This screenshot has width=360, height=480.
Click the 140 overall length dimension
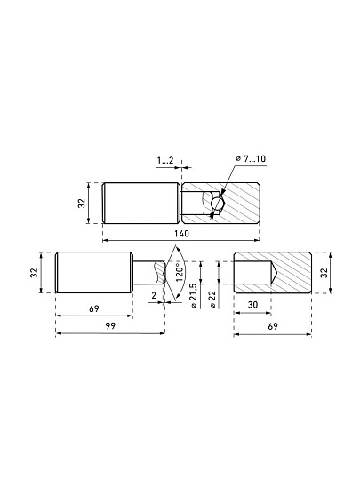pyautogui.click(x=182, y=234)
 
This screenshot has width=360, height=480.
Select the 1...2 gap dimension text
pyautogui.click(x=165, y=160)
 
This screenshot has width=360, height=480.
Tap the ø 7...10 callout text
pyautogui.click(x=251, y=158)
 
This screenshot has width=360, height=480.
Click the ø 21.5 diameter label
pyautogui.click(x=194, y=295)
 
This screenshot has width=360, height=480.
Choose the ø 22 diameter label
pyautogui.click(x=212, y=299)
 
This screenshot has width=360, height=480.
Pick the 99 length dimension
pyautogui.click(x=110, y=325)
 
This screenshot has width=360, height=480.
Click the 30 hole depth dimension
pyautogui.click(x=252, y=305)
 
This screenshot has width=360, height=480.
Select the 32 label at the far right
pyautogui.click(x=324, y=273)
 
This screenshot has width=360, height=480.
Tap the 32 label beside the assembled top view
pyautogui.click(x=82, y=204)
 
